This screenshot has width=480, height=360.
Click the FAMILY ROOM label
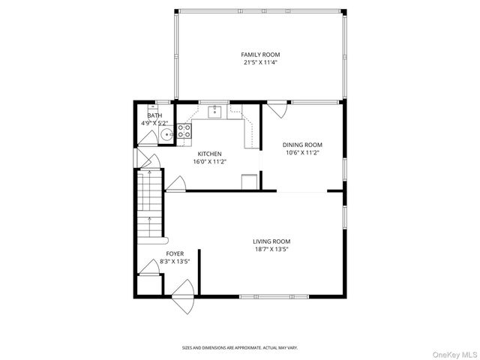(x=260, y=55)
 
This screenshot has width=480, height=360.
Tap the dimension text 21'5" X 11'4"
(x=260, y=63)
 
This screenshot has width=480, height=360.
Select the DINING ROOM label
(x=302, y=145)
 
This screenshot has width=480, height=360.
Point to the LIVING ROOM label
(x=271, y=241)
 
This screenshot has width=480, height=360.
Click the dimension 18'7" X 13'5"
(x=271, y=249)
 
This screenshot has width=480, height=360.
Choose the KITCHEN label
(x=210, y=154)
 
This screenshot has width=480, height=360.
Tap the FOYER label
(x=175, y=253)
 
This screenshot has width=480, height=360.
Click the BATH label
(x=155, y=115)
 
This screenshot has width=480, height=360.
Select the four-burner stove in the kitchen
(x=184, y=130)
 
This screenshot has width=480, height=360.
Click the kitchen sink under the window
(x=215, y=112)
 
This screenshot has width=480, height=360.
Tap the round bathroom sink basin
(x=167, y=134)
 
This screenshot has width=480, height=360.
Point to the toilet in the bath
(x=153, y=109)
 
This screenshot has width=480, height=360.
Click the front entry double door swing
(x=184, y=297)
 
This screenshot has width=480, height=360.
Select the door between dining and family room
(x=277, y=110)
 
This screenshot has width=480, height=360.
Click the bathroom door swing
(x=148, y=138)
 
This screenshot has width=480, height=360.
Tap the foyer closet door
(x=149, y=266)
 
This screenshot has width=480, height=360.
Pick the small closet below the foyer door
(x=149, y=285)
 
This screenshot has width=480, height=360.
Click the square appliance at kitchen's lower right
(x=250, y=181)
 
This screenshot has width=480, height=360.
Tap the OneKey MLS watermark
(x=455, y=355)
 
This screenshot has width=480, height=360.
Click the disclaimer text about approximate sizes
(x=240, y=348)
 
